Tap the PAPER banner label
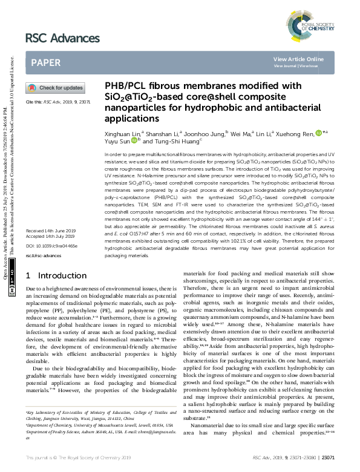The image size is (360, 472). tap(45, 62)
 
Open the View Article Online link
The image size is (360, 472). tap(298, 59)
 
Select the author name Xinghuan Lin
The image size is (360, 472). tap(122, 132)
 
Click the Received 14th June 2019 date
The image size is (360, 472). tap(50, 248)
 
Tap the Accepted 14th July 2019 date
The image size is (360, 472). tap(50, 254)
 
